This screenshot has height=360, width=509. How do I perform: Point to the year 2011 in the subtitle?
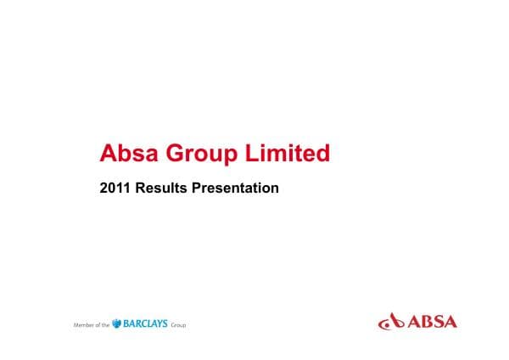(114, 188)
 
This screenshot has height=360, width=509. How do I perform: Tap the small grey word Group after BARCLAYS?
(178, 325)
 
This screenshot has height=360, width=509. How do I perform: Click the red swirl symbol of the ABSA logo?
(391, 322)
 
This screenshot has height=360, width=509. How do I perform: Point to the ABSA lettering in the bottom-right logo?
(433, 322)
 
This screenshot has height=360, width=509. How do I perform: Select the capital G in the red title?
(175, 154)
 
